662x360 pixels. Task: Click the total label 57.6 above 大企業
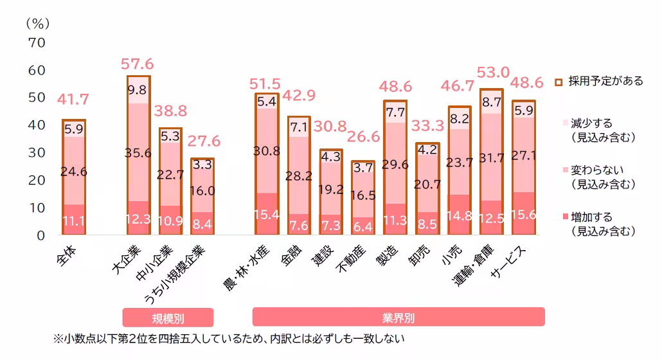[137, 64]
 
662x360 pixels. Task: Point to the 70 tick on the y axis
[36, 43]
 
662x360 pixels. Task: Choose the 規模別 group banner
[168, 317]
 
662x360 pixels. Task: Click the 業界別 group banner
[398, 317]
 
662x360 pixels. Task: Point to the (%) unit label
[37, 23]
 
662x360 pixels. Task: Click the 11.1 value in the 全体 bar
[74, 222]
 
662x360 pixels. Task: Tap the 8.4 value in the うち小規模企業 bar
[202, 224]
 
